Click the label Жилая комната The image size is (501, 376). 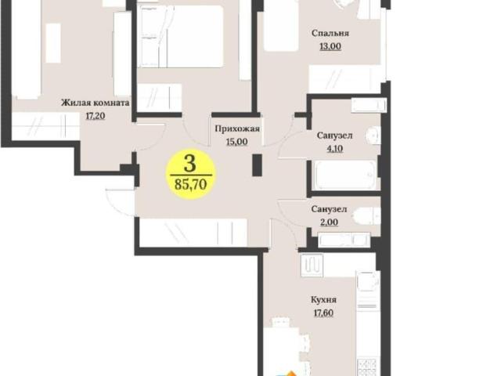96,103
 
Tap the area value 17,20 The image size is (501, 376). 96,115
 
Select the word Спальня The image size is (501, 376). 330,33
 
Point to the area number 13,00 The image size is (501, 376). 330,46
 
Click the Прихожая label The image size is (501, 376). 237,128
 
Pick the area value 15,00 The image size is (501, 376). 236,142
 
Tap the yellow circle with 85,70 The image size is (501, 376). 191,174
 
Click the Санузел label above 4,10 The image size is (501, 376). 334,136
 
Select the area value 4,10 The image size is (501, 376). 334,149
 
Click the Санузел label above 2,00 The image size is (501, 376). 329,209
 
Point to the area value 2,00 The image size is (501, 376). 329,222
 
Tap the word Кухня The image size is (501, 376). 323,300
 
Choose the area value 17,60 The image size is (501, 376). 323,313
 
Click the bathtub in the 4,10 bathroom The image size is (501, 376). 345,175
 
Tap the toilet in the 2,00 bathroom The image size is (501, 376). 366,217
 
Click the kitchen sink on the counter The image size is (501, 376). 368,282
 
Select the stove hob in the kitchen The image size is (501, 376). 368,367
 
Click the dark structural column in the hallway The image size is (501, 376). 258,165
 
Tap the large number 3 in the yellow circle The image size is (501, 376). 190,164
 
